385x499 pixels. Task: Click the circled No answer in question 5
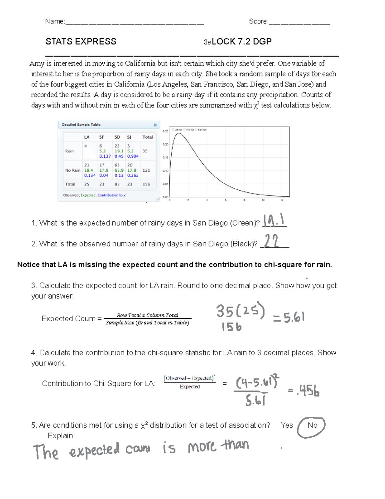[x=312, y=426]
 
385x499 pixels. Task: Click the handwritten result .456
[x=304, y=390]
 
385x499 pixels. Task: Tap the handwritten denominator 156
[x=231, y=327]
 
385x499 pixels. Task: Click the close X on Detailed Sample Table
[x=155, y=125]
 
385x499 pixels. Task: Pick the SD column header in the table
[x=117, y=137]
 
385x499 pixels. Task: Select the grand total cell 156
[x=146, y=184]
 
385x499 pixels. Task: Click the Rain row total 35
[x=145, y=151]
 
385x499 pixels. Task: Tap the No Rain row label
[x=73, y=170]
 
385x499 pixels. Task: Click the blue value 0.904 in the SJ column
[x=133, y=156]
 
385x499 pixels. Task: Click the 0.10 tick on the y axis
[x=165, y=171]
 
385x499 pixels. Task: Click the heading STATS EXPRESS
[x=81, y=41]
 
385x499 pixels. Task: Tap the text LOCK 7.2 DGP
[x=242, y=41]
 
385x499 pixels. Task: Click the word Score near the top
[x=258, y=21]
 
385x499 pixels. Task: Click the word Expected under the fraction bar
[x=190, y=387]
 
